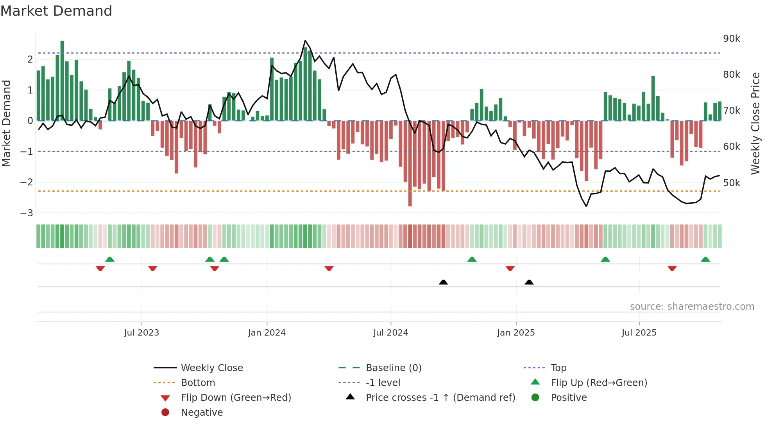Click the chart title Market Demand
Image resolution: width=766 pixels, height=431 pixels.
[56, 11]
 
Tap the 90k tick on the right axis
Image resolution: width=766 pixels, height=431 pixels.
[732, 39]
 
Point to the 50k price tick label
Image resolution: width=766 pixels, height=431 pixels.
[732, 183]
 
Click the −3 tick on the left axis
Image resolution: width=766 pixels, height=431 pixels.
[27, 213]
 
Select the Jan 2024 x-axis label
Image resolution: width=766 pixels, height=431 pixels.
[267, 333]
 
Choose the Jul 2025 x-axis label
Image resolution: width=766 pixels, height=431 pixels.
[639, 333]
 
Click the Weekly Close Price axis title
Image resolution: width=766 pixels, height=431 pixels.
[755, 123]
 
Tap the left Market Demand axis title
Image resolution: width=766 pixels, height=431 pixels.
[7, 123]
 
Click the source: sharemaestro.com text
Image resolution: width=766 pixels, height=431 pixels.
[692, 307]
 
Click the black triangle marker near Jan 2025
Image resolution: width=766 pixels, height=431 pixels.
[529, 282]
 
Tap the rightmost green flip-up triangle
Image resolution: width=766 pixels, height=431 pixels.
[705, 259]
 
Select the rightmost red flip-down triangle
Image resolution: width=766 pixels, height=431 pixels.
[672, 268]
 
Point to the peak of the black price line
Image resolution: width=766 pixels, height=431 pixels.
[305, 41]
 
